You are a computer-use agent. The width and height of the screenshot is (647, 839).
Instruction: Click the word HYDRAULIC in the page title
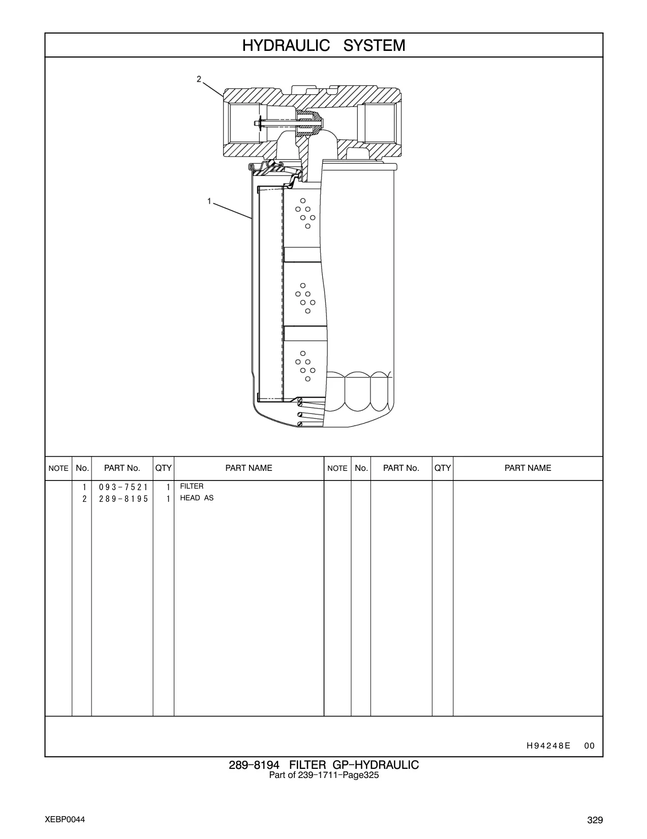coord(286,46)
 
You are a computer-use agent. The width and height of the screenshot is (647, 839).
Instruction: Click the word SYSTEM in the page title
coord(374,46)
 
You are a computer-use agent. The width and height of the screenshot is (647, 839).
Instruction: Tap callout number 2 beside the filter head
coord(199,79)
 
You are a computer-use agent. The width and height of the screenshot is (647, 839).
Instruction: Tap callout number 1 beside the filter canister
coord(209,201)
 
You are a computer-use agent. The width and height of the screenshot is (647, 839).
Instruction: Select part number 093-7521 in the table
coord(124,487)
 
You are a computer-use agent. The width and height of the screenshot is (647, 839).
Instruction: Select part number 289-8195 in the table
coord(124,499)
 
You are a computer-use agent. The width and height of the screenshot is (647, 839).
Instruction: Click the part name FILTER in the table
coord(192,486)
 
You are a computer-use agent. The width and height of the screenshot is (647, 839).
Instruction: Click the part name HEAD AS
coord(197,498)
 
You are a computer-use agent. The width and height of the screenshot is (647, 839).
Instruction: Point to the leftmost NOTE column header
coord(58,468)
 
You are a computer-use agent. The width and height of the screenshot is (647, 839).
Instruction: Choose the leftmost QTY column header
coord(163,468)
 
